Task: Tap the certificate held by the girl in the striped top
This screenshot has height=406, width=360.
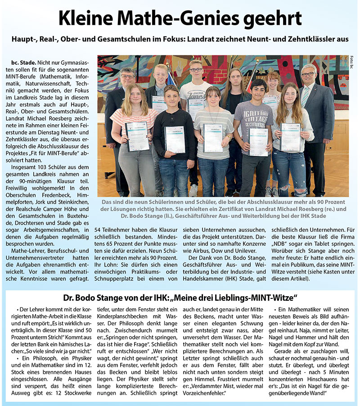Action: (x=136, y=136)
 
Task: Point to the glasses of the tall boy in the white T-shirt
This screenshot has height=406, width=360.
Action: (x=196, y=70)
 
